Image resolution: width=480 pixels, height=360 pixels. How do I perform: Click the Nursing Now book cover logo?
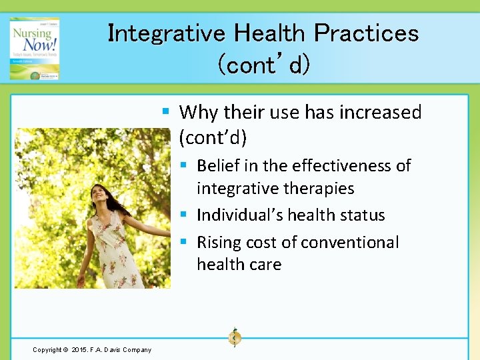tap(34, 49)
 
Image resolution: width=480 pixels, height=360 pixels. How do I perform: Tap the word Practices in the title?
tap(366, 33)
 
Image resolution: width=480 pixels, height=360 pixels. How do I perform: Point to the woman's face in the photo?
tap(99, 198)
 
